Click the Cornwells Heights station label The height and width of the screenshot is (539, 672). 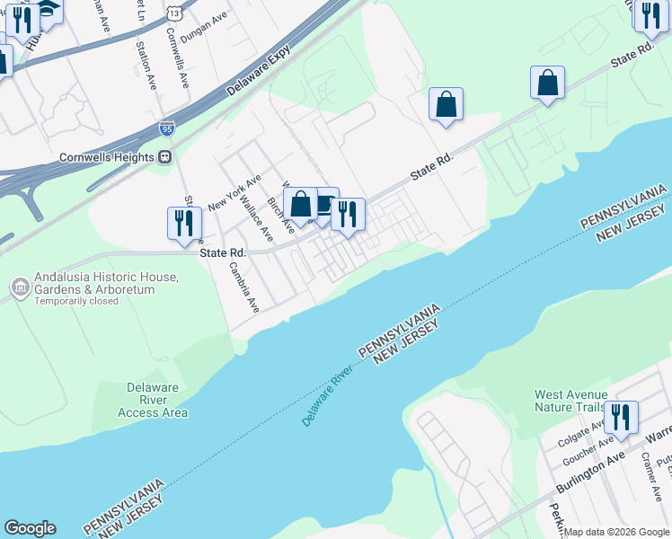pos(107,156)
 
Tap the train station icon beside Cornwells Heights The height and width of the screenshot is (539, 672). pos(165,156)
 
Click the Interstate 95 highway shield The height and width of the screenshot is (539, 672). pos(167,130)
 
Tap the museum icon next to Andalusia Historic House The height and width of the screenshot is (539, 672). pos(20,287)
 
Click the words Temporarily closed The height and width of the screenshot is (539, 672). pos(76,302)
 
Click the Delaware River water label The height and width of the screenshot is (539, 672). pos(325,401)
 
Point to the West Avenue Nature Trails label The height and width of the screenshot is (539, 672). pos(571,401)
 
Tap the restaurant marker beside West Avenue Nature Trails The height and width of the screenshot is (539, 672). pos(621,418)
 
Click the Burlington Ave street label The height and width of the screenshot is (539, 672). pos(589,476)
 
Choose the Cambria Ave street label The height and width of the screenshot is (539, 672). pos(243,286)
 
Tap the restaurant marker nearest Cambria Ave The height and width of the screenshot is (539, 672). pos(184,224)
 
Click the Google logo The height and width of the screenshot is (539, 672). pos(31,528)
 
